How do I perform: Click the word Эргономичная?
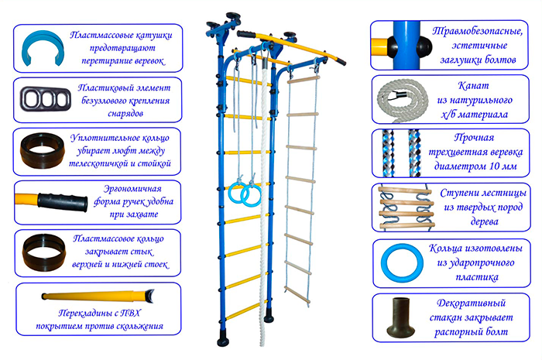(x=132, y=188)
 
